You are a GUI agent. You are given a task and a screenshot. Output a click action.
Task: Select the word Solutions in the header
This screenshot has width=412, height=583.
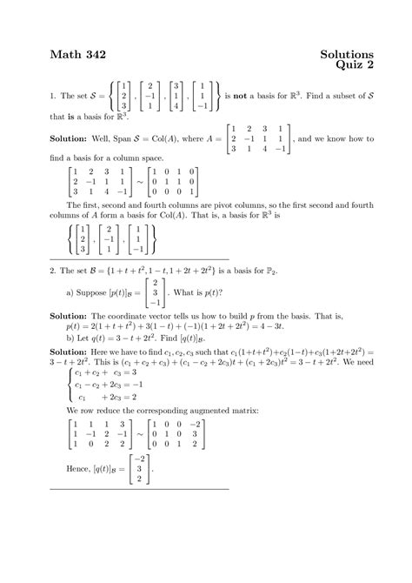coord(342,55)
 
